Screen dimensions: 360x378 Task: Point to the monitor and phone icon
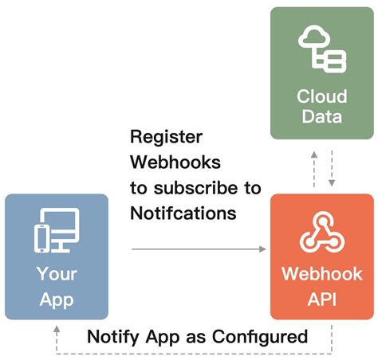point(56,229)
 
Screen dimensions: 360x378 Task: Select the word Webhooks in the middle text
point(175,162)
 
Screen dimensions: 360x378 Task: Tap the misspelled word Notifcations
point(182,213)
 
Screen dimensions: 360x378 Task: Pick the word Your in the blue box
point(56,275)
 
